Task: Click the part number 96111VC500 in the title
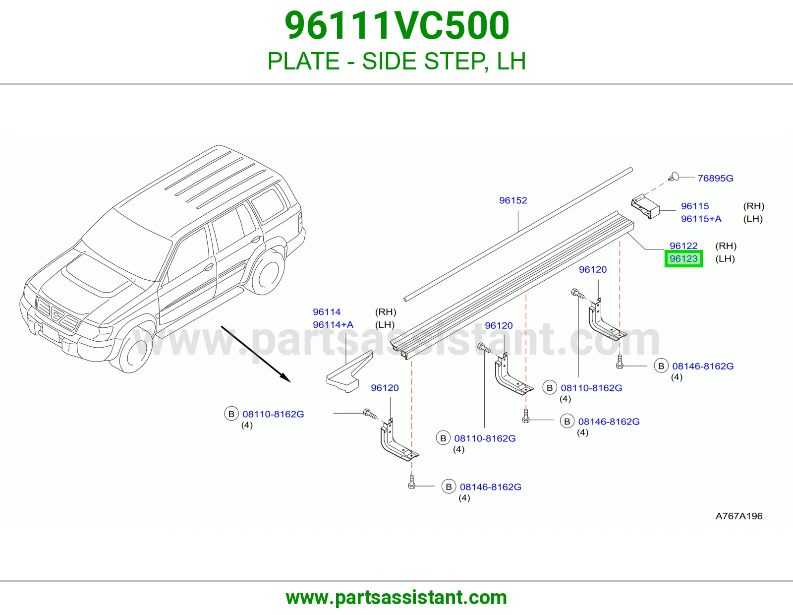(x=396, y=26)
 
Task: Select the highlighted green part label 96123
(x=683, y=258)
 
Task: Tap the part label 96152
(x=513, y=200)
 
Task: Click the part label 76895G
(x=715, y=178)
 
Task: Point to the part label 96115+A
(x=701, y=219)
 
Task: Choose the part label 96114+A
(x=333, y=325)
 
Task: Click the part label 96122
(x=683, y=246)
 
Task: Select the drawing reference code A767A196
(x=738, y=516)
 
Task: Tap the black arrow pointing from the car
(x=256, y=354)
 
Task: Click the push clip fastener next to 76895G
(x=674, y=177)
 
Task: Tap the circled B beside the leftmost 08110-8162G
(x=231, y=414)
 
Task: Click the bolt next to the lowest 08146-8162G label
(x=412, y=482)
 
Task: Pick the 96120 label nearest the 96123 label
(x=593, y=269)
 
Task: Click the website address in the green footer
(x=396, y=598)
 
